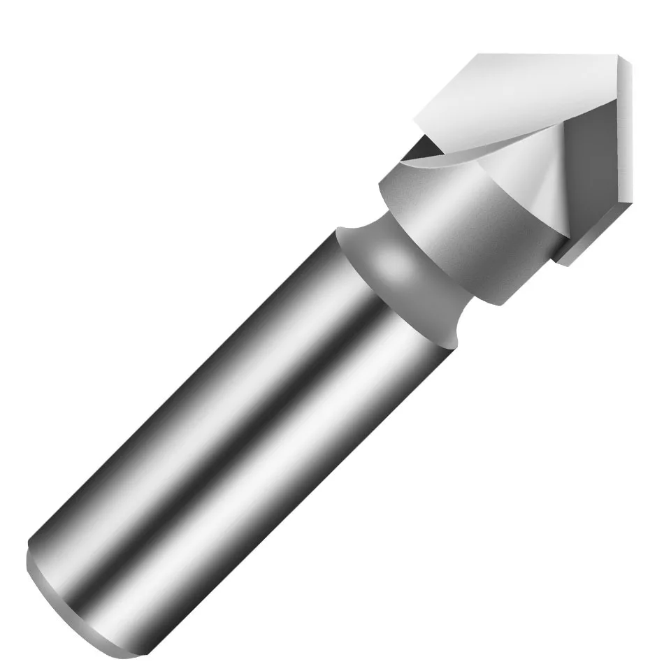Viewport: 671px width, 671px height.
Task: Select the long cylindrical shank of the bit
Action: click(x=231, y=419)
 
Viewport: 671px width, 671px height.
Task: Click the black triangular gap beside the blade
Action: click(x=424, y=147)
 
